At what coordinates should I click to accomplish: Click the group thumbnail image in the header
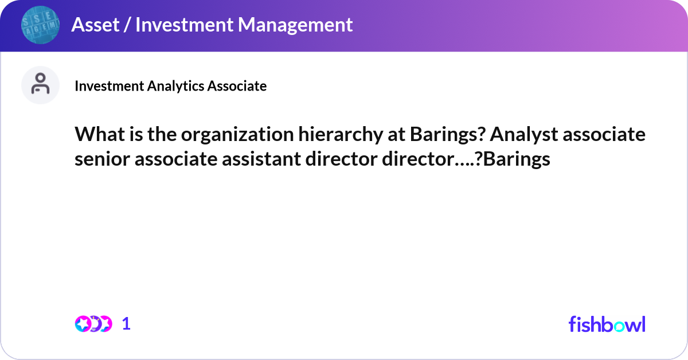pos(40,25)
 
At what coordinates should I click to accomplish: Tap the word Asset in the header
pos(92,25)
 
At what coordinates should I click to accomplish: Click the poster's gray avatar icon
pos(40,85)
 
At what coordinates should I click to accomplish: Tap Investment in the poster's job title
pos(110,86)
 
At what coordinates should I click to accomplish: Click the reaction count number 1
pos(126,324)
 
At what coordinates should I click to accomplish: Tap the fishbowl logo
pos(607,324)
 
